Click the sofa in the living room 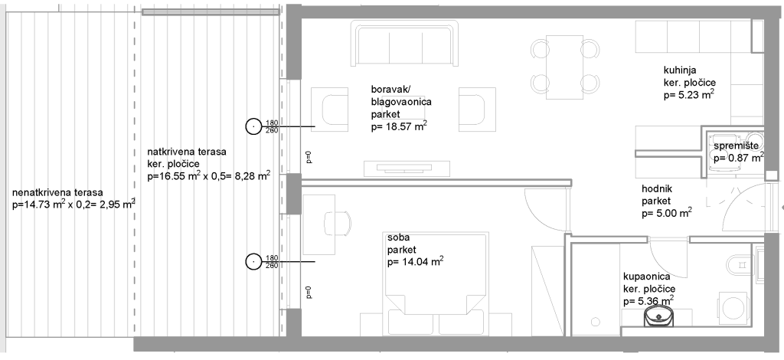click(404, 43)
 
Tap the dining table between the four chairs click(564, 64)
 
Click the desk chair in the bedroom click(338, 223)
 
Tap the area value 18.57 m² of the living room click(399, 126)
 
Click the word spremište click(736, 146)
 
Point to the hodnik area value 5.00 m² click(667, 213)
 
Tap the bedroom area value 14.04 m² click(416, 261)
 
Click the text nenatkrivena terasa click(57, 192)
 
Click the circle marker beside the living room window click(253, 126)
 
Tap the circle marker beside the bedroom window click(253, 261)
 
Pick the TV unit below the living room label click(407, 169)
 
